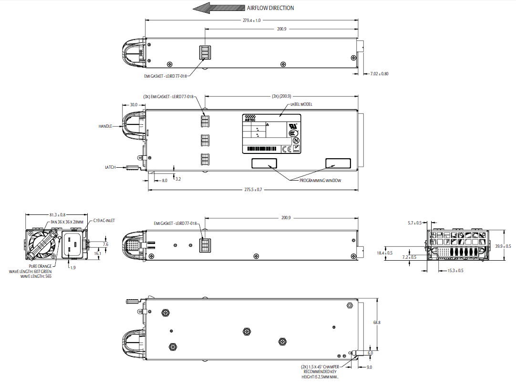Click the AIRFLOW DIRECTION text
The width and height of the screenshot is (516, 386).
click(x=270, y=8)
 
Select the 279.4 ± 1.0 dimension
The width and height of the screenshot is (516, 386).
click(x=251, y=20)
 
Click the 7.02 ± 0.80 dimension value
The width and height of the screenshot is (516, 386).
click(x=376, y=74)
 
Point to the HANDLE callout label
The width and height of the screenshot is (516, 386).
click(x=105, y=126)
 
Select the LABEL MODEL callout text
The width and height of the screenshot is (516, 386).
click(x=301, y=104)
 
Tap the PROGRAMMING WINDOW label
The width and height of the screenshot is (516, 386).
click(x=320, y=181)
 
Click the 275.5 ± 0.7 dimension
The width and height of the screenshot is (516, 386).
click(x=253, y=190)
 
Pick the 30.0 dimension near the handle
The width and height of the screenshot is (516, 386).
click(x=133, y=104)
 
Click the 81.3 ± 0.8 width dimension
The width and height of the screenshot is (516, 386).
click(x=57, y=214)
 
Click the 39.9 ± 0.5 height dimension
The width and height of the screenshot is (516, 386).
click(x=503, y=246)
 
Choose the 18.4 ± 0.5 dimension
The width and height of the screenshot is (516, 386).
click(x=384, y=253)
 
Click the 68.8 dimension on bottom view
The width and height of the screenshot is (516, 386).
click(x=377, y=323)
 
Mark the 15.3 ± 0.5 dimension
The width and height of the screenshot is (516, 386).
click(x=455, y=271)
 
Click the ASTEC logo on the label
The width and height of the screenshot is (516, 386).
click(x=250, y=118)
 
